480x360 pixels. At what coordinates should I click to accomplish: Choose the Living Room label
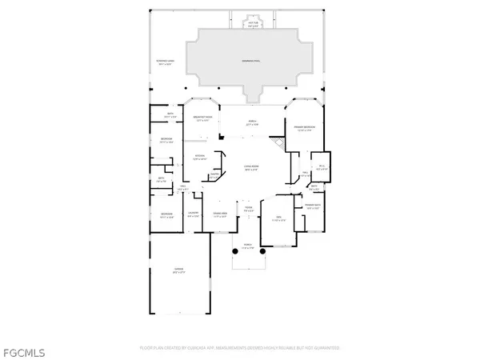[252, 168]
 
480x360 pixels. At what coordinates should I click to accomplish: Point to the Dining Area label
[220, 214]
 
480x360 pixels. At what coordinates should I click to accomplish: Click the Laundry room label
[193, 214]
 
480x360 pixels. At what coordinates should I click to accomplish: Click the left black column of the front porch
[234, 250]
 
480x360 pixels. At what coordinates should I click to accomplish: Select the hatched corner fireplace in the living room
[277, 142]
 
